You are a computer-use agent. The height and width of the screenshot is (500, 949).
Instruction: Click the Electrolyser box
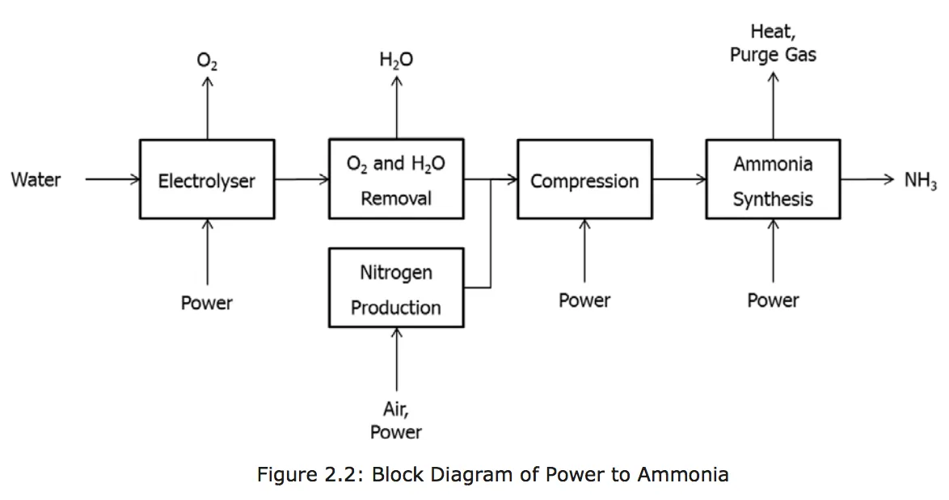tap(206, 179)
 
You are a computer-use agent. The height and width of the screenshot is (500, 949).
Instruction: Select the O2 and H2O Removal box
tap(396, 179)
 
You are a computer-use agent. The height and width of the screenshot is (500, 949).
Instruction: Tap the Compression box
tap(584, 179)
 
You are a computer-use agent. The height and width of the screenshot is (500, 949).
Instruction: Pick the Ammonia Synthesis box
tap(773, 179)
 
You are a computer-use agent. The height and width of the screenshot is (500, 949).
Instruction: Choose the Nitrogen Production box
tap(396, 288)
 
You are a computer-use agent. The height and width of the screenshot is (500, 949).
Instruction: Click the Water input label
tap(36, 179)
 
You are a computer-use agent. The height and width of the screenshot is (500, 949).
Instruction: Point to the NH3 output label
tap(921, 180)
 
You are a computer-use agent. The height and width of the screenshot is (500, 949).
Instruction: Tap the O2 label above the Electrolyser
tap(207, 60)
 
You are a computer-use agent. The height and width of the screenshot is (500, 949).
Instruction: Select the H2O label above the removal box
tap(396, 60)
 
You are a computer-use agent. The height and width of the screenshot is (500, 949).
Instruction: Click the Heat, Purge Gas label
tap(773, 44)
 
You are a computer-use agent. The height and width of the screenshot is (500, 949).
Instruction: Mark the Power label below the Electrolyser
tap(207, 303)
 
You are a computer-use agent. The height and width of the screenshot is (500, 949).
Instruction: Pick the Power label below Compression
tap(584, 300)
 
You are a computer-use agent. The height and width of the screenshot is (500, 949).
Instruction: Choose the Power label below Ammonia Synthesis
tap(773, 300)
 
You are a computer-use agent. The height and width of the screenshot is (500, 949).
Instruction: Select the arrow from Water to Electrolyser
tap(112, 179)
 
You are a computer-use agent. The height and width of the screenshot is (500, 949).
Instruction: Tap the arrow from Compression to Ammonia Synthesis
tap(679, 179)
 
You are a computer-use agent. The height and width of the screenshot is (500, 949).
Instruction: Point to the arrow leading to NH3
tap(868, 179)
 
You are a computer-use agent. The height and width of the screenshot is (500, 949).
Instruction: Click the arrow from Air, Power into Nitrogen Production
tap(396, 360)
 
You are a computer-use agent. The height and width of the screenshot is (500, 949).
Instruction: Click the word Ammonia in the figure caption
tap(683, 474)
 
